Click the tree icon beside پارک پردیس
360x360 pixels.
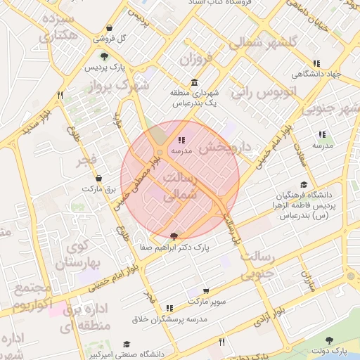[104, 57]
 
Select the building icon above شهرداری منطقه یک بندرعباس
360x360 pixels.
[194, 82]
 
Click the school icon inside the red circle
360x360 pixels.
[182, 141]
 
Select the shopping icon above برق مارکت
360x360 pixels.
[98, 179]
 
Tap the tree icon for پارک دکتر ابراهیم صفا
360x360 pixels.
[174, 236]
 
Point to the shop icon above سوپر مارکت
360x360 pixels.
[205, 291]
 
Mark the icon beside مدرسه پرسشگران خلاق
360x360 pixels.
[169, 308]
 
